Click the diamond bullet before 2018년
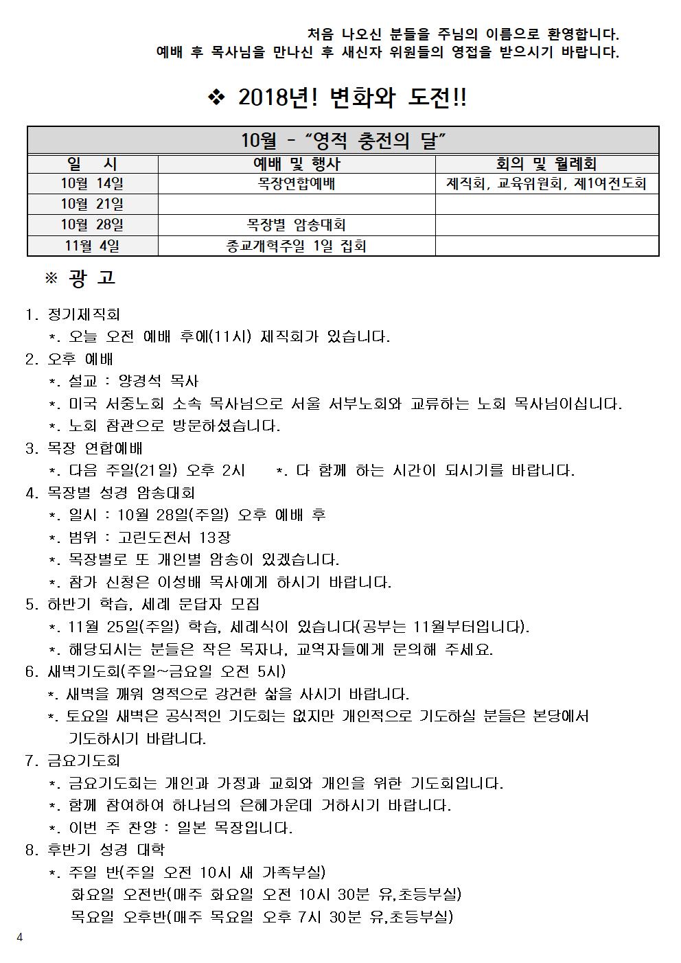216,99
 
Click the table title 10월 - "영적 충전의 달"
343,141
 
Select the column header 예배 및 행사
297,164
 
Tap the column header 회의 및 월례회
546,164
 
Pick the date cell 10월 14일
92,184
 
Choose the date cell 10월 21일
92,205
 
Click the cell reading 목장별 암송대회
297,225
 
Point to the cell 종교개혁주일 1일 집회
297,246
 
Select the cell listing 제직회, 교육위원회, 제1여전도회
546,184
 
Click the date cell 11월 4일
92,246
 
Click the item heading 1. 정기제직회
73,314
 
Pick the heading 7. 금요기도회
73,761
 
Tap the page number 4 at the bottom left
19,938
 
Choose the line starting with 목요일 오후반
262,917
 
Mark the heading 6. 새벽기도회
155,671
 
